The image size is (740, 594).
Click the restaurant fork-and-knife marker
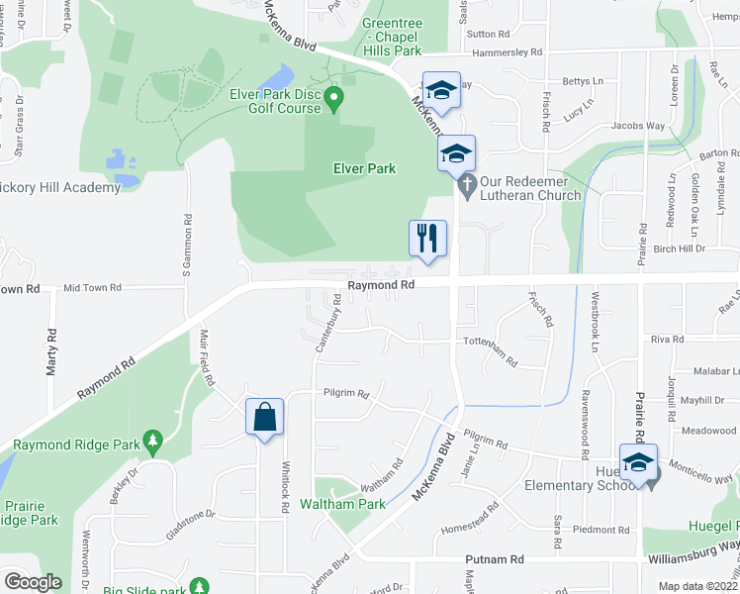[428, 239]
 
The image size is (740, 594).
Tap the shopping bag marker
[265, 418]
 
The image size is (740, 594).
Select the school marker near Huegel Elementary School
[637, 462]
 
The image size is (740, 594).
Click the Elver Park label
[362, 168]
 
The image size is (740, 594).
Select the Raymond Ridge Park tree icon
[151, 439]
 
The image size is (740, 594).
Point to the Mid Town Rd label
[92, 287]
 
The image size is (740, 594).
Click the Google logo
[33, 582]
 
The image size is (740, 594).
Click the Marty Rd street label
[50, 351]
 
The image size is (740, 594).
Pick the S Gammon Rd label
[185, 246]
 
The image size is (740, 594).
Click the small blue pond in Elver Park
[281, 75]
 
